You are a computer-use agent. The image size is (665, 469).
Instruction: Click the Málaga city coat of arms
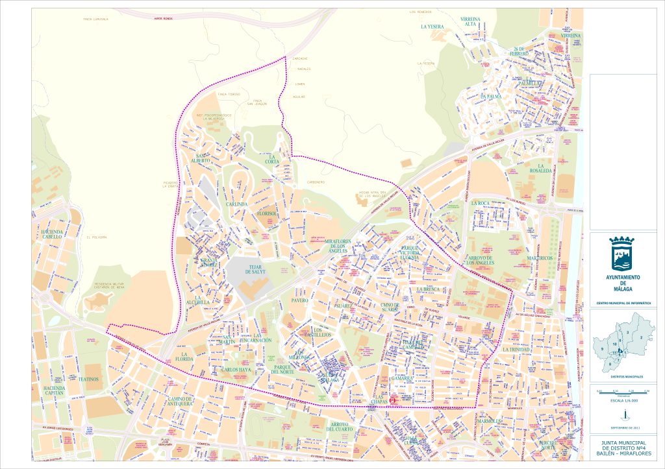(622, 255)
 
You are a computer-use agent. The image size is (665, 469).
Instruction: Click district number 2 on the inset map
(641, 337)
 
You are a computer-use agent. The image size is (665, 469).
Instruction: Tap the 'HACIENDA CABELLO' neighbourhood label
(52, 234)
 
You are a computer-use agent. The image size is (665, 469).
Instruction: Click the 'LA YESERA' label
(433, 27)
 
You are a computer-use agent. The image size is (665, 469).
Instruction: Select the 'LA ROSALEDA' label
(541, 168)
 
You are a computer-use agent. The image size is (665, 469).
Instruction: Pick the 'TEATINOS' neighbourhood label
(88, 379)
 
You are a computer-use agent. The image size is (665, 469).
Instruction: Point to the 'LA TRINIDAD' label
(517, 350)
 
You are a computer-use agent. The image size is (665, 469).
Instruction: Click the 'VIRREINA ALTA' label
(470, 22)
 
